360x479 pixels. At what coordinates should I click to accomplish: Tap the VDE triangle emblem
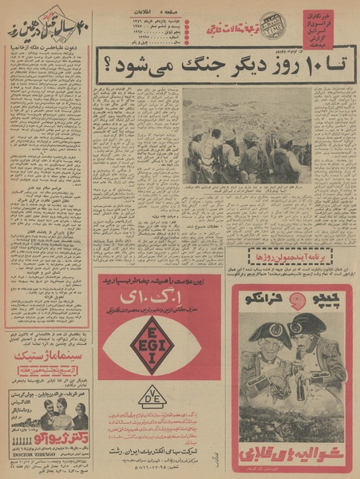pyautogui.click(x=152, y=396)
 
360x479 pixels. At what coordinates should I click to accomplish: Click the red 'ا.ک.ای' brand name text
pyautogui.click(x=153, y=302)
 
